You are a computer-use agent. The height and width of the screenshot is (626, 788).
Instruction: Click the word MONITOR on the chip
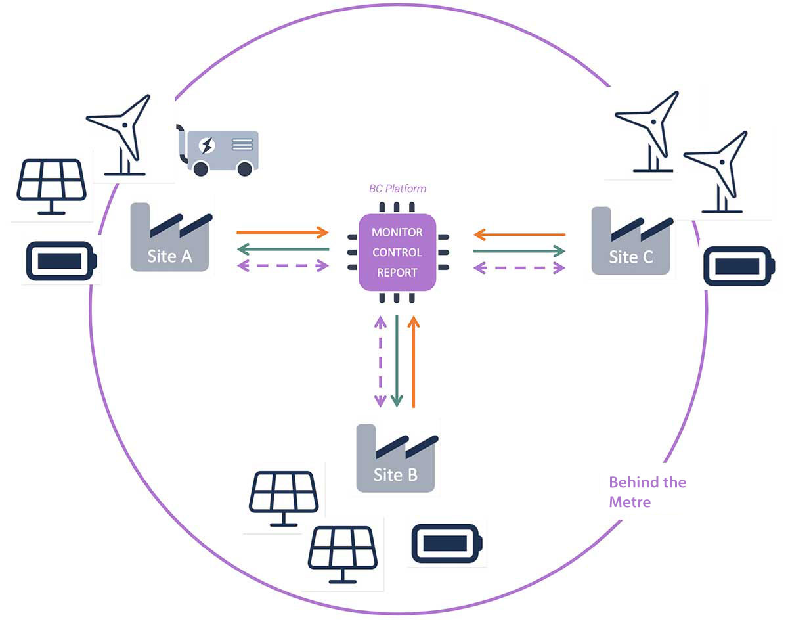point(397,233)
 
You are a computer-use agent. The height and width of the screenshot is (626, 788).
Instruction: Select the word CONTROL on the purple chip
point(397,252)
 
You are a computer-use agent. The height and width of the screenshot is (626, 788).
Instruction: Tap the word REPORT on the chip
point(397,272)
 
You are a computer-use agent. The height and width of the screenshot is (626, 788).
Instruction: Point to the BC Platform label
point(397,189)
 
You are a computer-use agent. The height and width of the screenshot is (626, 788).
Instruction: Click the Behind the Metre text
point(647,492)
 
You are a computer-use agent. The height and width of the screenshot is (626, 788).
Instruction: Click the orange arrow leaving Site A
point(282,233)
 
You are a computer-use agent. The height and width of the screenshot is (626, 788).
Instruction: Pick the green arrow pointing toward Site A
point(282,249)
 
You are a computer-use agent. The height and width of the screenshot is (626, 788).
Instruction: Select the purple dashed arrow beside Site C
point(519,267)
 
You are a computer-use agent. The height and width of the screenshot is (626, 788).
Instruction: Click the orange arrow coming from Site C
point(519,234)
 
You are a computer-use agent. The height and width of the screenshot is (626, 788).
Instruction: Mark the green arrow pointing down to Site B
point(397,361)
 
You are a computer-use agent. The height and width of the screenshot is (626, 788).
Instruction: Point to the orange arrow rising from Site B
point(413,361)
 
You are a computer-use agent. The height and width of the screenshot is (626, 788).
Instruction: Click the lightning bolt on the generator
point(207,145)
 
